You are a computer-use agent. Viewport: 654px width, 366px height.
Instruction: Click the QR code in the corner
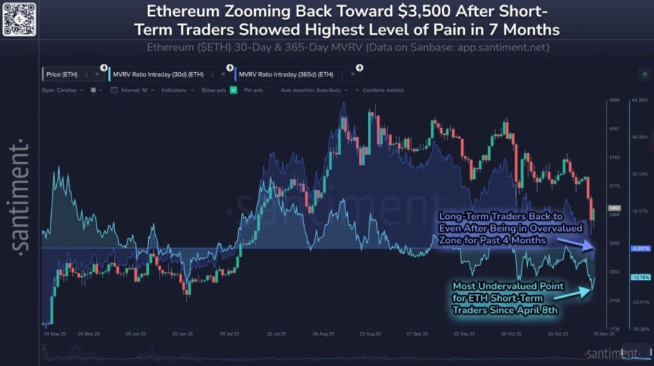pos(18,19)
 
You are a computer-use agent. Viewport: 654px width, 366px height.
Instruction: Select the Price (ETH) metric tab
pos(63,74)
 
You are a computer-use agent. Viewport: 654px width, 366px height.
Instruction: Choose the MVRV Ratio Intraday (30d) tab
pos(149,74)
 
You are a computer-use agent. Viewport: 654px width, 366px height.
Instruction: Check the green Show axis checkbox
pos(234,90)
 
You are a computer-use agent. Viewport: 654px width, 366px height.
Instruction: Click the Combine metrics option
pos(383,90)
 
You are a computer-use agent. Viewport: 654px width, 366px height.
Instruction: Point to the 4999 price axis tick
pos(614,101)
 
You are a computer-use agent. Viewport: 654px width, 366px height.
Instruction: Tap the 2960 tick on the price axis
pos(614,243)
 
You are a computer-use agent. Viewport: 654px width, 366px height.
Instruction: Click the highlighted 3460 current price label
pos(614,208)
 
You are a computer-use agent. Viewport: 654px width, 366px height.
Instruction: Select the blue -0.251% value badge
pos(640,248)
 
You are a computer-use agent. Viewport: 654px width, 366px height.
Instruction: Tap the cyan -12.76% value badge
pos(640,277)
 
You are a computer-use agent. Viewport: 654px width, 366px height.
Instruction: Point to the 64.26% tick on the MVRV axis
pos(640,100)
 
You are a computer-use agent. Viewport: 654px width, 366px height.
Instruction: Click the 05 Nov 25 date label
pos(604,334)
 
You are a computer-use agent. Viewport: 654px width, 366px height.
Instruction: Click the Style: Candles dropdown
pos(63,90)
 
